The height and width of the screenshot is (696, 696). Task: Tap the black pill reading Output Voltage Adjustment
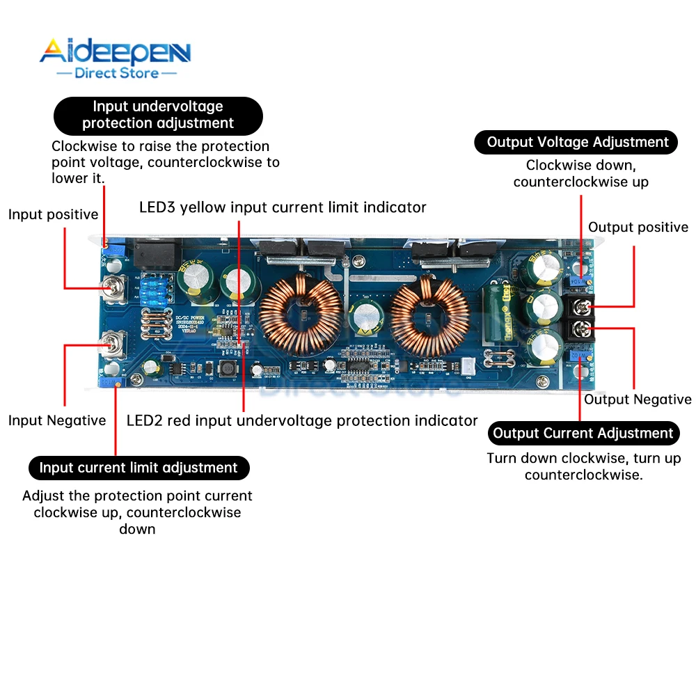(x=577, y=142)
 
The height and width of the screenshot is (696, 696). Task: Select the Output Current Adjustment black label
(x=583, y=434)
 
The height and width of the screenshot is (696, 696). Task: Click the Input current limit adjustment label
(x=139, y=468)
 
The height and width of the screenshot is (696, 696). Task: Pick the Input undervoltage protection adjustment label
(x=158, y=115)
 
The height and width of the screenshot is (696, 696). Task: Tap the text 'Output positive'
(x=638, y=228)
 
